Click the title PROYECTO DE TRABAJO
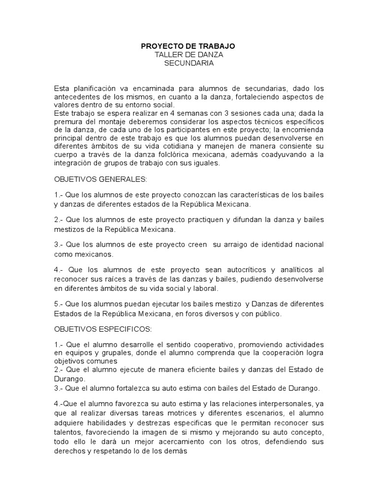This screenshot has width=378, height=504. point(188,46)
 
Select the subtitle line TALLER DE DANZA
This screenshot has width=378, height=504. point(188,54)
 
